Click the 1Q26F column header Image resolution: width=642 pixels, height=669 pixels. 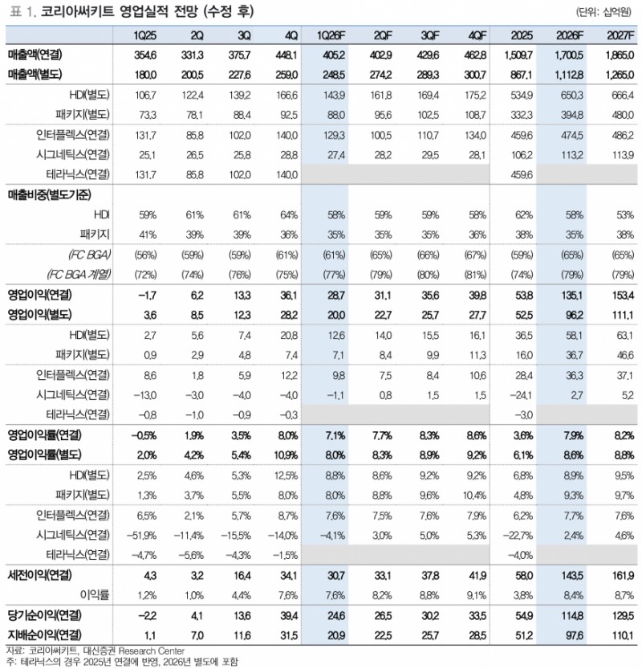point(331,35)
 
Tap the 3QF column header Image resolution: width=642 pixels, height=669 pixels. point(429,35)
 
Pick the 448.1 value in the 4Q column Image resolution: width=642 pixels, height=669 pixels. point(286,55)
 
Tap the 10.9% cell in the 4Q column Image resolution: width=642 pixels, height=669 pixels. point(286,454)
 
